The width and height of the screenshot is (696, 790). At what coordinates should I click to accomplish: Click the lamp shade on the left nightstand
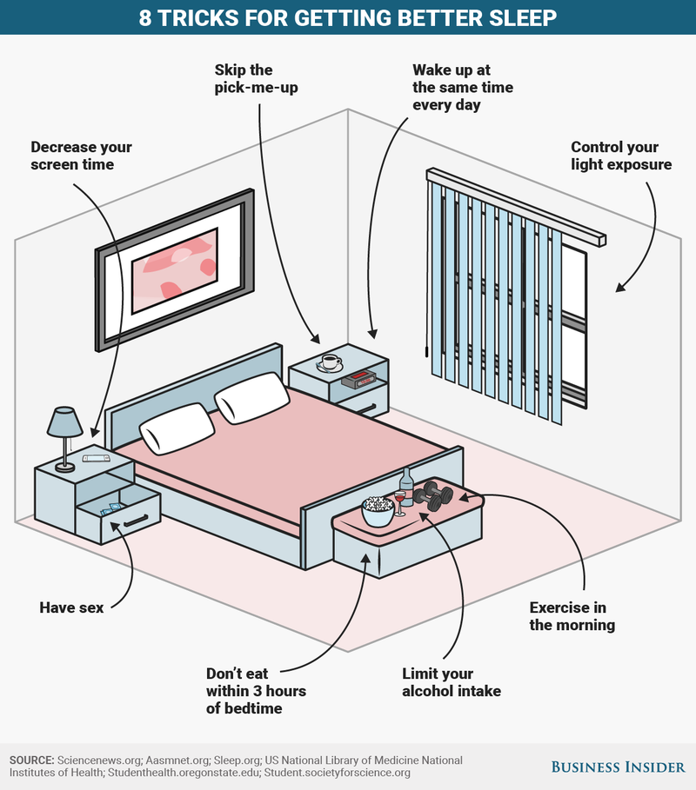coord(64,422)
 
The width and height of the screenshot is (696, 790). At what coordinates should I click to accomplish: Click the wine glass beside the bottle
coord(399,502)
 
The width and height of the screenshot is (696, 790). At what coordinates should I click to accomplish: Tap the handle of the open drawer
coord(136,520)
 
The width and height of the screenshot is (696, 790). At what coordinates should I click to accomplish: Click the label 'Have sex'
coord(71,607)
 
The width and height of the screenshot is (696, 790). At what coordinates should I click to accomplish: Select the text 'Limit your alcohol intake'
coord(452,682)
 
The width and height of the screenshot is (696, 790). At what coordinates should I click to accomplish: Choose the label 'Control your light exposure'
coord(621,156)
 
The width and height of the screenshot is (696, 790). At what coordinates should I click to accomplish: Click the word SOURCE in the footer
coord(31,760)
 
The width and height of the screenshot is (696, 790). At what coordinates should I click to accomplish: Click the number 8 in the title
coord(146,17)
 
